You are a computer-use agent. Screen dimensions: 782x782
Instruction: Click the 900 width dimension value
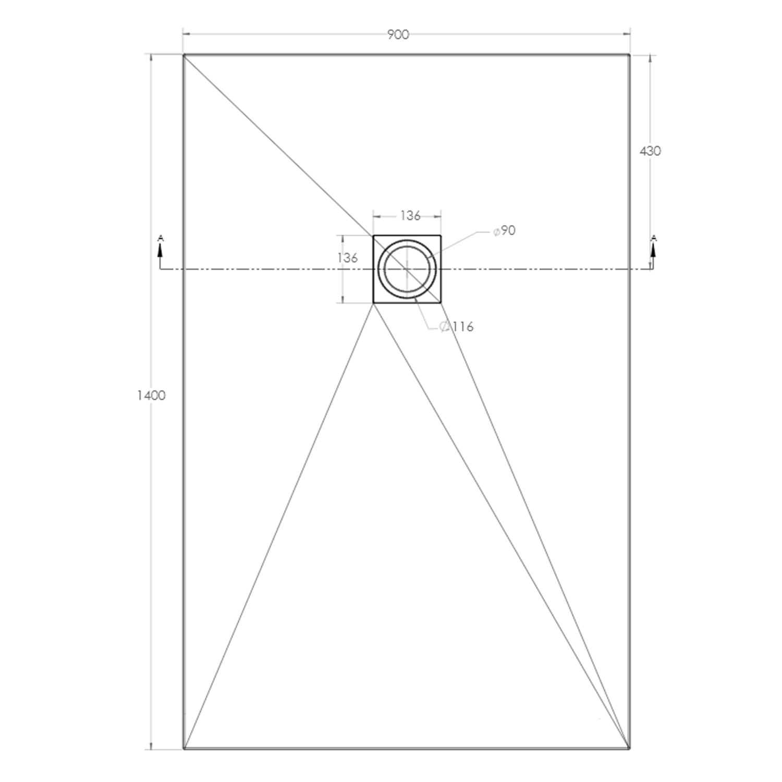coord(398,35)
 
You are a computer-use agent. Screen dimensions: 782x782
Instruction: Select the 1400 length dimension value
coord(151,396)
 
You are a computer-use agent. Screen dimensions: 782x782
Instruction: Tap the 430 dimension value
coord(650,151)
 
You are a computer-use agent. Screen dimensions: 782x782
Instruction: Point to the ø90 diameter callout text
coord(505,231)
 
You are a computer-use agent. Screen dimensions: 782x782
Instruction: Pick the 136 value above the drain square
coord(410,215)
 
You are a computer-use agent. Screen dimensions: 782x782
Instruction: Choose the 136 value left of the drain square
coord(348,258)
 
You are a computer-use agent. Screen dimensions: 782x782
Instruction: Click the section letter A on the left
coord(161,238)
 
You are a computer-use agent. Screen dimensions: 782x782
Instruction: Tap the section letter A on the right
coord(654,238)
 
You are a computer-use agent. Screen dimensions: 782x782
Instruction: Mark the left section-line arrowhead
coord(161,250)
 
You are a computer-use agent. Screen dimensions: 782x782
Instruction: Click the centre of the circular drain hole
coord(407,269)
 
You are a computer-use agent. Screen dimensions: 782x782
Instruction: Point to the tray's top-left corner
coord(184,54)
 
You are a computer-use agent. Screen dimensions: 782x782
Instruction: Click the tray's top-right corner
coord(630,54)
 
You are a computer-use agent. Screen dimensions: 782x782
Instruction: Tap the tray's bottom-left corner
coord(184,749)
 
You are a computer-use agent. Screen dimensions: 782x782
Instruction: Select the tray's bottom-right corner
coord(629,749)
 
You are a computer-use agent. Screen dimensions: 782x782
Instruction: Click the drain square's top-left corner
coord(373,236)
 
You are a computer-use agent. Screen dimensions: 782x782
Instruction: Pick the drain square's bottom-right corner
coord(441,303)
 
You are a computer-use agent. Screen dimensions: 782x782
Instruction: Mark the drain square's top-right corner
coord(441,236)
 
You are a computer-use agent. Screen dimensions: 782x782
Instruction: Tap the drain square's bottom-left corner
coord(373,303)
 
